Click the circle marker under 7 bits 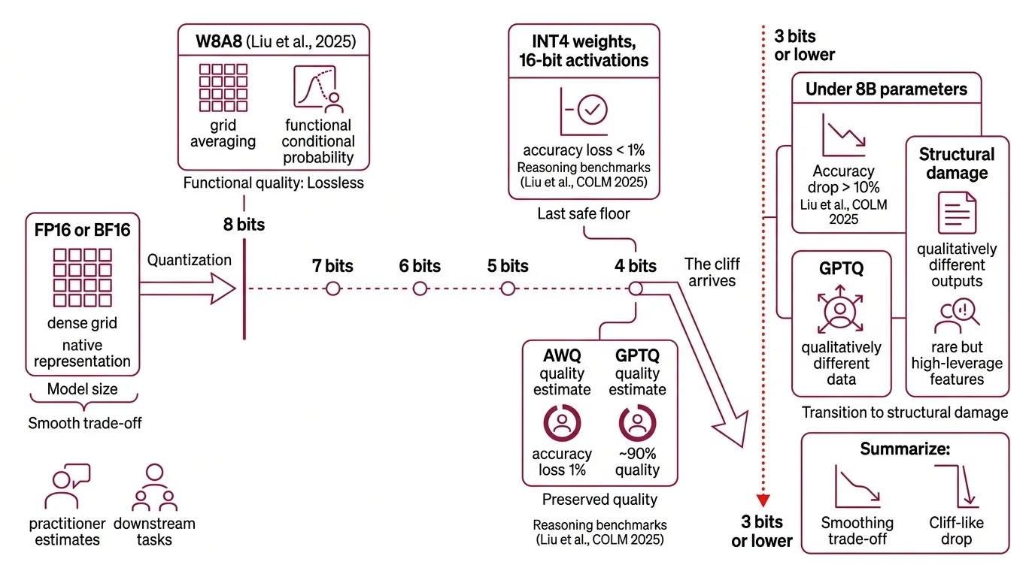click(x=332, y=288)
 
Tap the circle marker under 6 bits click(x=420, y=288)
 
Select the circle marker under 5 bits click(x=508, y=288)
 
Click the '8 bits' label click(x=244, y=225)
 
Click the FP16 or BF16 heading click(x=83, y=230)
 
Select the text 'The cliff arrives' click(x=712, y=272)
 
